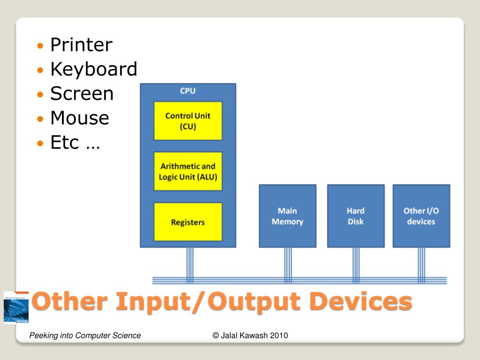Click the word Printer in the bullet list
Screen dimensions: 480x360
pos(81,45)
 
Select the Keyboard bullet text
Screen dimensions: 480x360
pos(93,69)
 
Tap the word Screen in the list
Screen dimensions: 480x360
pos(82,94)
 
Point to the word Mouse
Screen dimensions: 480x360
pos(79,118)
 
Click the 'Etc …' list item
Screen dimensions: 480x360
pos(75,142)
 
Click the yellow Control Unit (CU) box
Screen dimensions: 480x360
pos(188,121)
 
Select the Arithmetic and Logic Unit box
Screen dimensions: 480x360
pos(188,172)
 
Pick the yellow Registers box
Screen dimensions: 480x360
pos(188,222)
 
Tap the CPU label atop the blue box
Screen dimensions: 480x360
pos(188,90)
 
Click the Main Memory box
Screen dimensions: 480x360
pos(287,216)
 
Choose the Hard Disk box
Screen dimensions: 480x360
pos(356,216)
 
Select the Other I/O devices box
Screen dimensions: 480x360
pos(421,216)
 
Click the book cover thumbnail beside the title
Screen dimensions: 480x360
pos(16,307)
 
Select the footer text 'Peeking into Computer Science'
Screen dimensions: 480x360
pos(85,336)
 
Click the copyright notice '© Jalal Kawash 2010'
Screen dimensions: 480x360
pos(250,336)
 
